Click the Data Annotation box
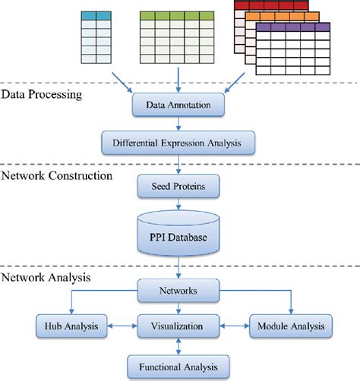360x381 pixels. click(x=177, y=103)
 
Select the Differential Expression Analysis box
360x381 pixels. click(x=177, y=140)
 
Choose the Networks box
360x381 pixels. click(x=177, y=289)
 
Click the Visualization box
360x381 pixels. click(x=177, y=326)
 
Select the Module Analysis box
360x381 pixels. click(x=290, y=326)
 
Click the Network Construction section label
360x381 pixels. click(x=57, y=175)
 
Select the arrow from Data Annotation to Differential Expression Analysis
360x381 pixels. click(x=177, y=122)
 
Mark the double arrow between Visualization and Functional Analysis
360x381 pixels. click(x=177, y=345)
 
